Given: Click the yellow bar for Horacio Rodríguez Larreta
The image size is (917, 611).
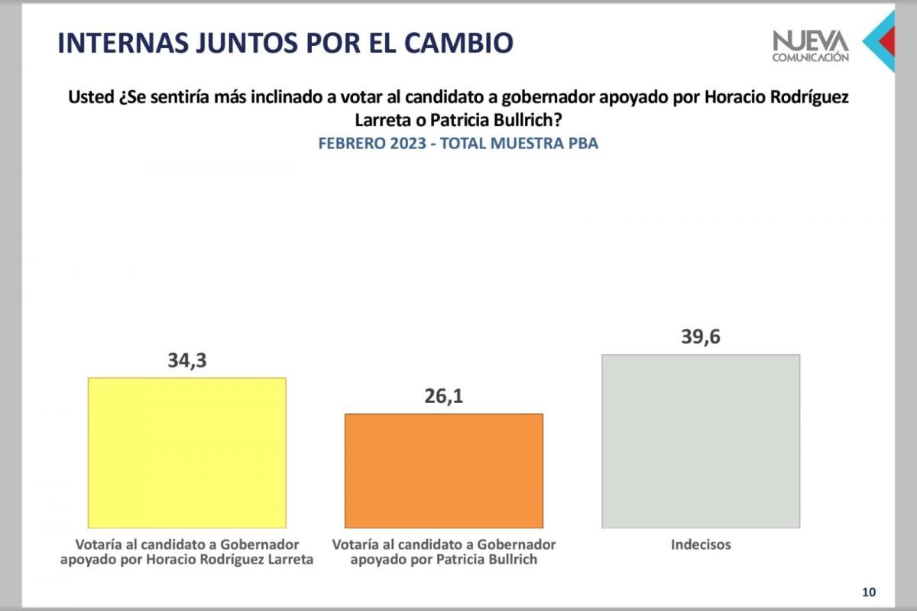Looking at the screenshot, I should coord(187,452).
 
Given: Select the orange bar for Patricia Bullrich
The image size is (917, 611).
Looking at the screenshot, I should coord(444,470).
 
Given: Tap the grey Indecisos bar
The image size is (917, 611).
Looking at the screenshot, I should coord(701,440).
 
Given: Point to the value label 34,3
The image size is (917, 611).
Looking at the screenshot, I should coord(187,360).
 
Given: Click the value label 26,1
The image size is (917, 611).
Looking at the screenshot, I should coord(444,396).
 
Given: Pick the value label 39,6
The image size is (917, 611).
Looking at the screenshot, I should coord(701,336).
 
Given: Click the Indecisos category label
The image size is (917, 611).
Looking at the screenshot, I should coord(701,545).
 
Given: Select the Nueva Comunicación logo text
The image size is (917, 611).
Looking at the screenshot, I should coord(810,45).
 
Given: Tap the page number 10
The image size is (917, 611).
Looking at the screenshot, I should coord(869,592).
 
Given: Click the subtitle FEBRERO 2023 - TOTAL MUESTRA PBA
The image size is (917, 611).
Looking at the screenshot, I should coord(458,144).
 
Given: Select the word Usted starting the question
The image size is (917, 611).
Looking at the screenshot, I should coord(90,99).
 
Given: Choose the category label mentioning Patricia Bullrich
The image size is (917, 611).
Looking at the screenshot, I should coord(444,552).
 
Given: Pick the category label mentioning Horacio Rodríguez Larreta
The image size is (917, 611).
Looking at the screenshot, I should coord(187,552).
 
